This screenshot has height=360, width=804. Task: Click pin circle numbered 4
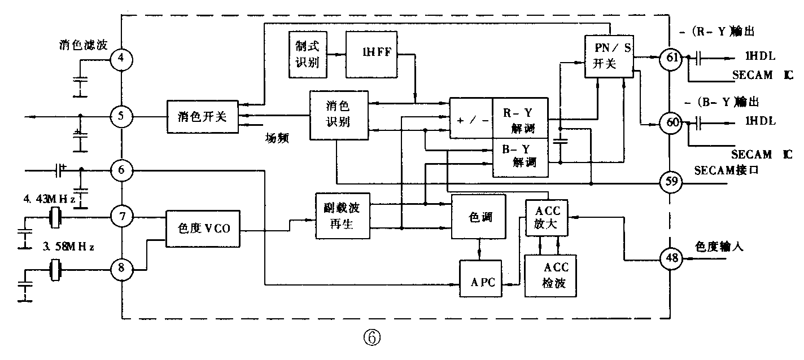coord(121,58)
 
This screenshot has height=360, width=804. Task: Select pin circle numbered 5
coord(121,117)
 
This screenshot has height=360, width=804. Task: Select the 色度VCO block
coord(203,229)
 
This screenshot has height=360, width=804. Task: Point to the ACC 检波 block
coord(550,275)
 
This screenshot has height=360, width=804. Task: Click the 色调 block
coord(479,217)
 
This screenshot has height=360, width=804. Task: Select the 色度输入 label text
coord(719,247)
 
